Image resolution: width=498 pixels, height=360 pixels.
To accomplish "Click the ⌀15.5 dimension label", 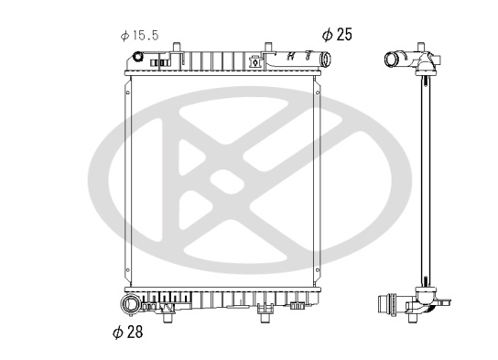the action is (x=139, y=36).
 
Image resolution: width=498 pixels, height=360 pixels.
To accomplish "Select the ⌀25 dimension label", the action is (x=337, y=34).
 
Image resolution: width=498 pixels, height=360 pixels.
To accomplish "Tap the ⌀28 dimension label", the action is (x=128, y=332).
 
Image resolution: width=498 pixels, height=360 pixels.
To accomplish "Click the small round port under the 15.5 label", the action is (x=138, y=57).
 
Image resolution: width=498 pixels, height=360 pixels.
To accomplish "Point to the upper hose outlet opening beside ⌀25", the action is (x=326, y=59).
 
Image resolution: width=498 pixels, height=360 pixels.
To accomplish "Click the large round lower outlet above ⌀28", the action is (x=130, y=305).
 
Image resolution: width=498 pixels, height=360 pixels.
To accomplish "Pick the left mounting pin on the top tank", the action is (x=177, y=47).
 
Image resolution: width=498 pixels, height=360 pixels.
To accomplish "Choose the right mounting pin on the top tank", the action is (x=268, y=47).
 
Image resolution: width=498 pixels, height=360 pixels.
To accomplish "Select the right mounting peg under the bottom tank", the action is (x=265, y=317).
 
